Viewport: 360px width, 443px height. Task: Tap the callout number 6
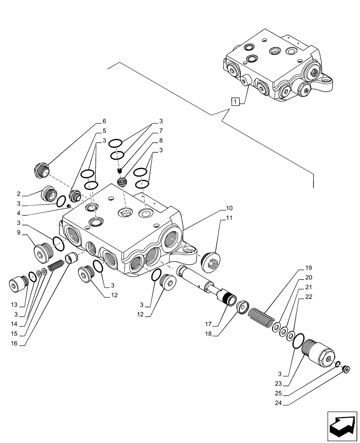[x=104, y=121]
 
